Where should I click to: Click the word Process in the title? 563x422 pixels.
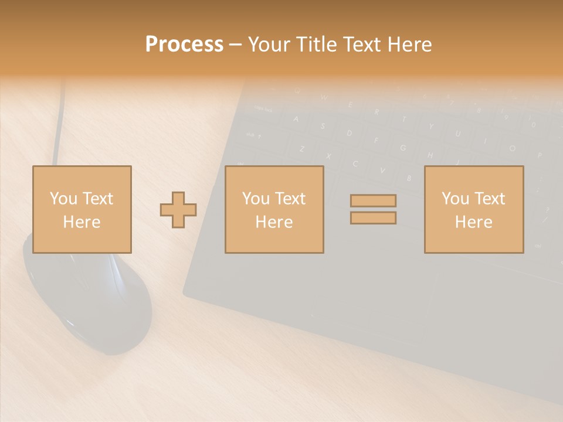pyautogui.click(x=184, y=45)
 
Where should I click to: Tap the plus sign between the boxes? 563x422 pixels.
pyautogui.click(x=178, y=210)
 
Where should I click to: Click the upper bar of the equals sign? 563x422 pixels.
pyautogui.click(x=373, y=200)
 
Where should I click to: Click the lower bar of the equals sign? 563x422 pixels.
pyautogui.click(x=373, y=218)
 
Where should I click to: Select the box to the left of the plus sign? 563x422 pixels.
pyautogui.click(x=82, y=209)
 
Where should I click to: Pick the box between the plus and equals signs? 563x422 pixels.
pyautogui.click(x=274, y=209)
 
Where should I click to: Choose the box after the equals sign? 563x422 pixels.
pyautogui.click(x=473, y=209)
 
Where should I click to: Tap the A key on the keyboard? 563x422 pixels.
pyautogui.click(x=296, y=120)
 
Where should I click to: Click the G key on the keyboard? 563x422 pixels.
pyautogui.click(x=403, y=147)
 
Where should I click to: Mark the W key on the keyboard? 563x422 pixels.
pyautogui.click(x=324, y=97)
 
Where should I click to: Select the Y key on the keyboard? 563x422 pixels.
pyautogui.click(x=431, y=126)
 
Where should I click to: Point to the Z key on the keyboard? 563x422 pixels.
pyautogui.click(x=303, y=149)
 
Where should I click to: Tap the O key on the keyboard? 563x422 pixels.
pyautogui.click(x=512, y=148)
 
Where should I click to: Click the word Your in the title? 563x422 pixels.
pyautogui.click(x=270, y=45)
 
